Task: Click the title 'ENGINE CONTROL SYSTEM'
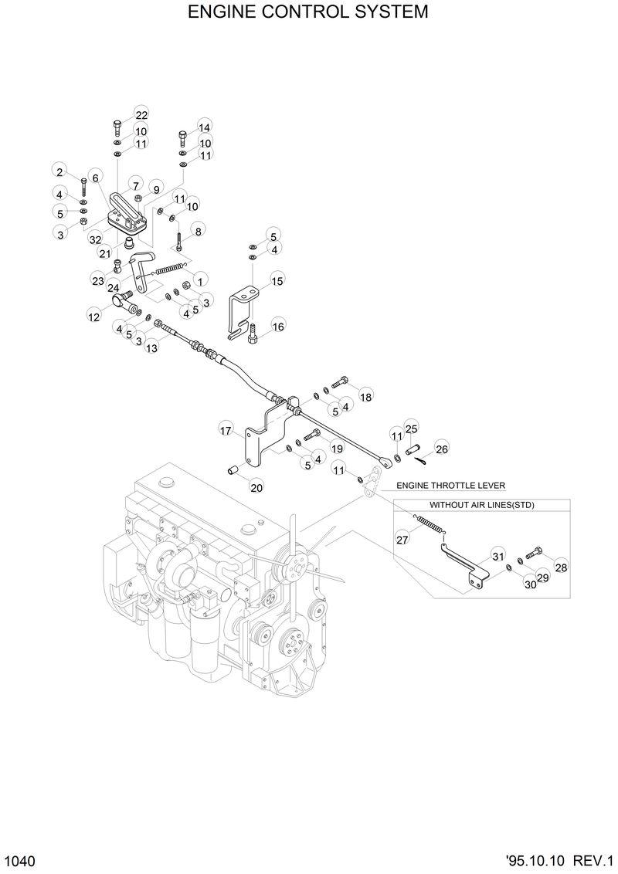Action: point(308,12)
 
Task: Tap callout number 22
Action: point(141,114)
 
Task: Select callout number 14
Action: point(204,127)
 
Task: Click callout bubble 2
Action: point(59,171)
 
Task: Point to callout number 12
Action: point(93,316)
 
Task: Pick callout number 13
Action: point(151,348)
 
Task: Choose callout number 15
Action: point(277,279)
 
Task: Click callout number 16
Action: point(277,327)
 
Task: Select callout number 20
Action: point(256,487)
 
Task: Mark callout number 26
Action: point(441,449)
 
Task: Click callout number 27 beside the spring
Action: point(402,540)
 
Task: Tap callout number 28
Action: point(561,567)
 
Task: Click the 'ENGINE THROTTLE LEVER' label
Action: point(450,486)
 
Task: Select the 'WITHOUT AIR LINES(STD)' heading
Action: point(481,505)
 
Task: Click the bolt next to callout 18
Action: point(340,381)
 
